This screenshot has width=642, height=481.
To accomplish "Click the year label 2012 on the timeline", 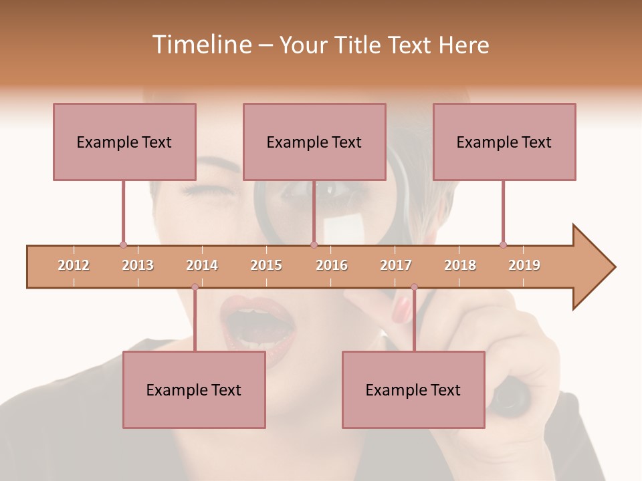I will pos(74,265).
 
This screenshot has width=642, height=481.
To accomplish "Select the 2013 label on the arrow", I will pos(138,265).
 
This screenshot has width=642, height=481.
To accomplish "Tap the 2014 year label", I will pos(202,265).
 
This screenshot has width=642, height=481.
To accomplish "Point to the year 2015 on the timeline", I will pos(266,265).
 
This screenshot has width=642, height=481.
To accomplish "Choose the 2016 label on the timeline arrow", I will pos(332,265).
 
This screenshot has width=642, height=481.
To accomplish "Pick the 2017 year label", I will pos(396,265).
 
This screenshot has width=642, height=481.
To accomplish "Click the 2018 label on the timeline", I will pos(460,265).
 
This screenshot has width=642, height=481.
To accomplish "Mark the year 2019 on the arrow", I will pos(524,265).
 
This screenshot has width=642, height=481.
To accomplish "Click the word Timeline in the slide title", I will pos(200,45).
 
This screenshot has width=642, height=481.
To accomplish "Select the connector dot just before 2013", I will pos(123,245).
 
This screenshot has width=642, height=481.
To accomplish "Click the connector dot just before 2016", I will pos(314,245).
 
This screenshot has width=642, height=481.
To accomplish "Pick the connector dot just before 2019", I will pos(503,245).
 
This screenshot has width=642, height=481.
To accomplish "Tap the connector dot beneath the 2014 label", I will pos(195,287).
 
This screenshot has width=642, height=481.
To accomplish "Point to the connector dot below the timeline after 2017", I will pos(414,287).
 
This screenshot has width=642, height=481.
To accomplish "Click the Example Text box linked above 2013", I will pos(124,142).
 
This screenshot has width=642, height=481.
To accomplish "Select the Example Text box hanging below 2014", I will pos(194,389).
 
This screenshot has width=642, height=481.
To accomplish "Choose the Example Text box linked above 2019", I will pos(504,142).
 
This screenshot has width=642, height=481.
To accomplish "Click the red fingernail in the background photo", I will pos(402,308).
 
